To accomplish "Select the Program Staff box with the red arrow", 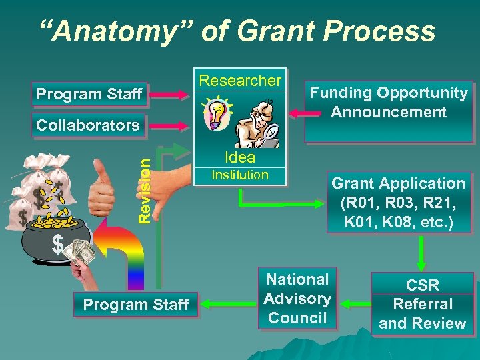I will pos(89,95).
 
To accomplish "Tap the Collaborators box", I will pos(88,125).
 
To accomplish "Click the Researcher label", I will pos(241,81).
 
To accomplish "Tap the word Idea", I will pos(240,157).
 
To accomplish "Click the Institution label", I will pos(240,175).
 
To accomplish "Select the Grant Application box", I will pos(399,203).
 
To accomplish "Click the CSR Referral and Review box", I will pos(422,304).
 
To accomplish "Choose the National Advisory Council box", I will pos(297,299).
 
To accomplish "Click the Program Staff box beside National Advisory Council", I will pos(136,305).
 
